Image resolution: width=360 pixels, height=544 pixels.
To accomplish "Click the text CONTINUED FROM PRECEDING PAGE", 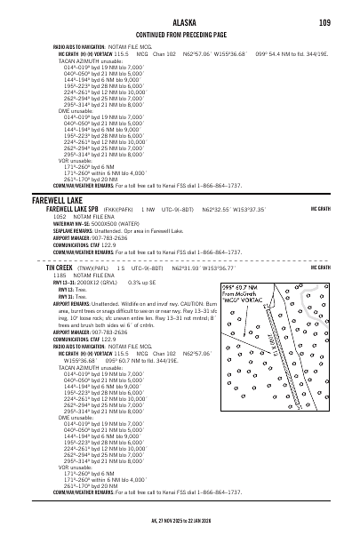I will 180,33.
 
